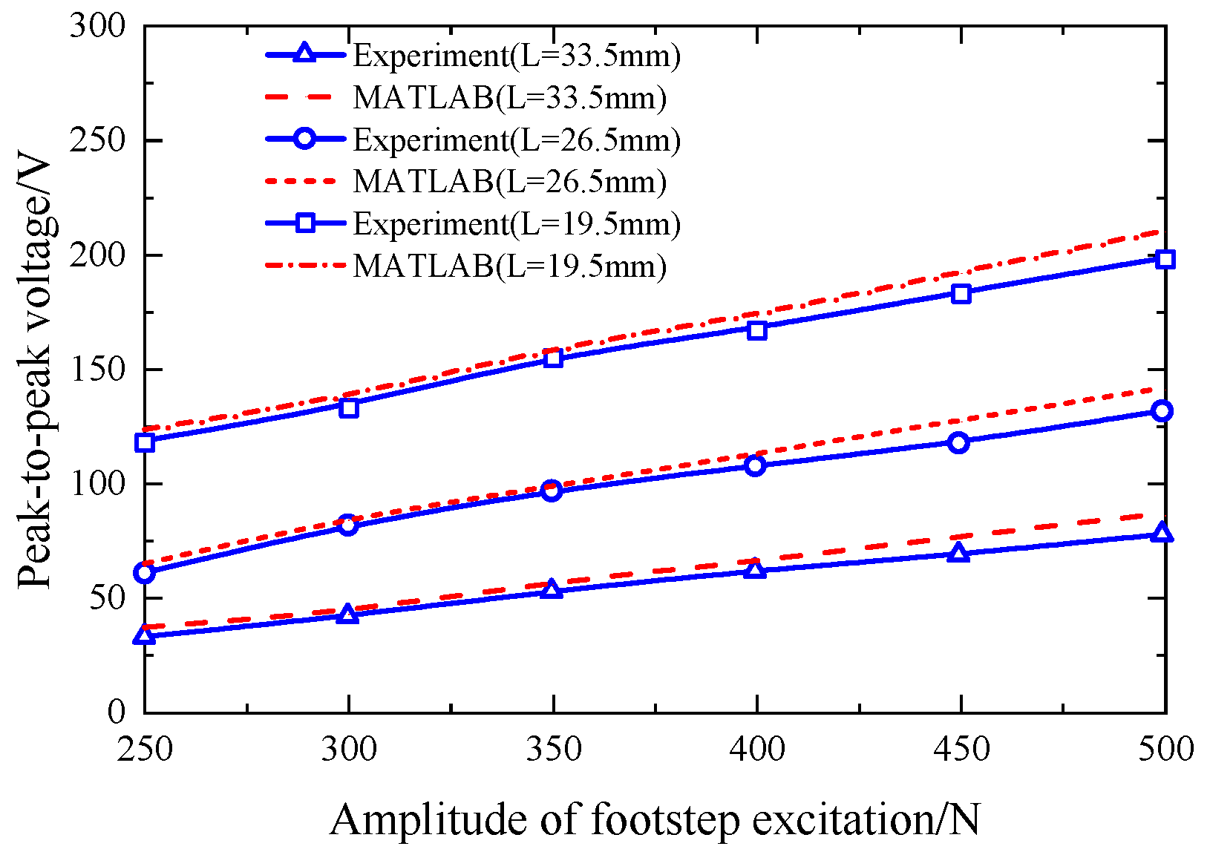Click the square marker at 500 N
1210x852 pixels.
(x=1165, y=259)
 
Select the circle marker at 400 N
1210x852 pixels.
(x=756, y=465)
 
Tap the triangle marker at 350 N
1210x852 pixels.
(x=552, y=590)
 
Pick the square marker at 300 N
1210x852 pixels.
(x=349, y=407)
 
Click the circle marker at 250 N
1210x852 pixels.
(x=145, y=573)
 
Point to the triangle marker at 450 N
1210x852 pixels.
(x=959, y=553)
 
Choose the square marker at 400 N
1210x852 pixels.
(x=756, y=330)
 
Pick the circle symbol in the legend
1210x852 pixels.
(x=305, y=140)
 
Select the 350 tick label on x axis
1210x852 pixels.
(x=553, y=750)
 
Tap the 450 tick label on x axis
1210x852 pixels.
(x=961, y=750)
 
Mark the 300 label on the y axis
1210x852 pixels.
(x=97, y=27)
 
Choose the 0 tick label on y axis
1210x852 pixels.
(x=117, y=712)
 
